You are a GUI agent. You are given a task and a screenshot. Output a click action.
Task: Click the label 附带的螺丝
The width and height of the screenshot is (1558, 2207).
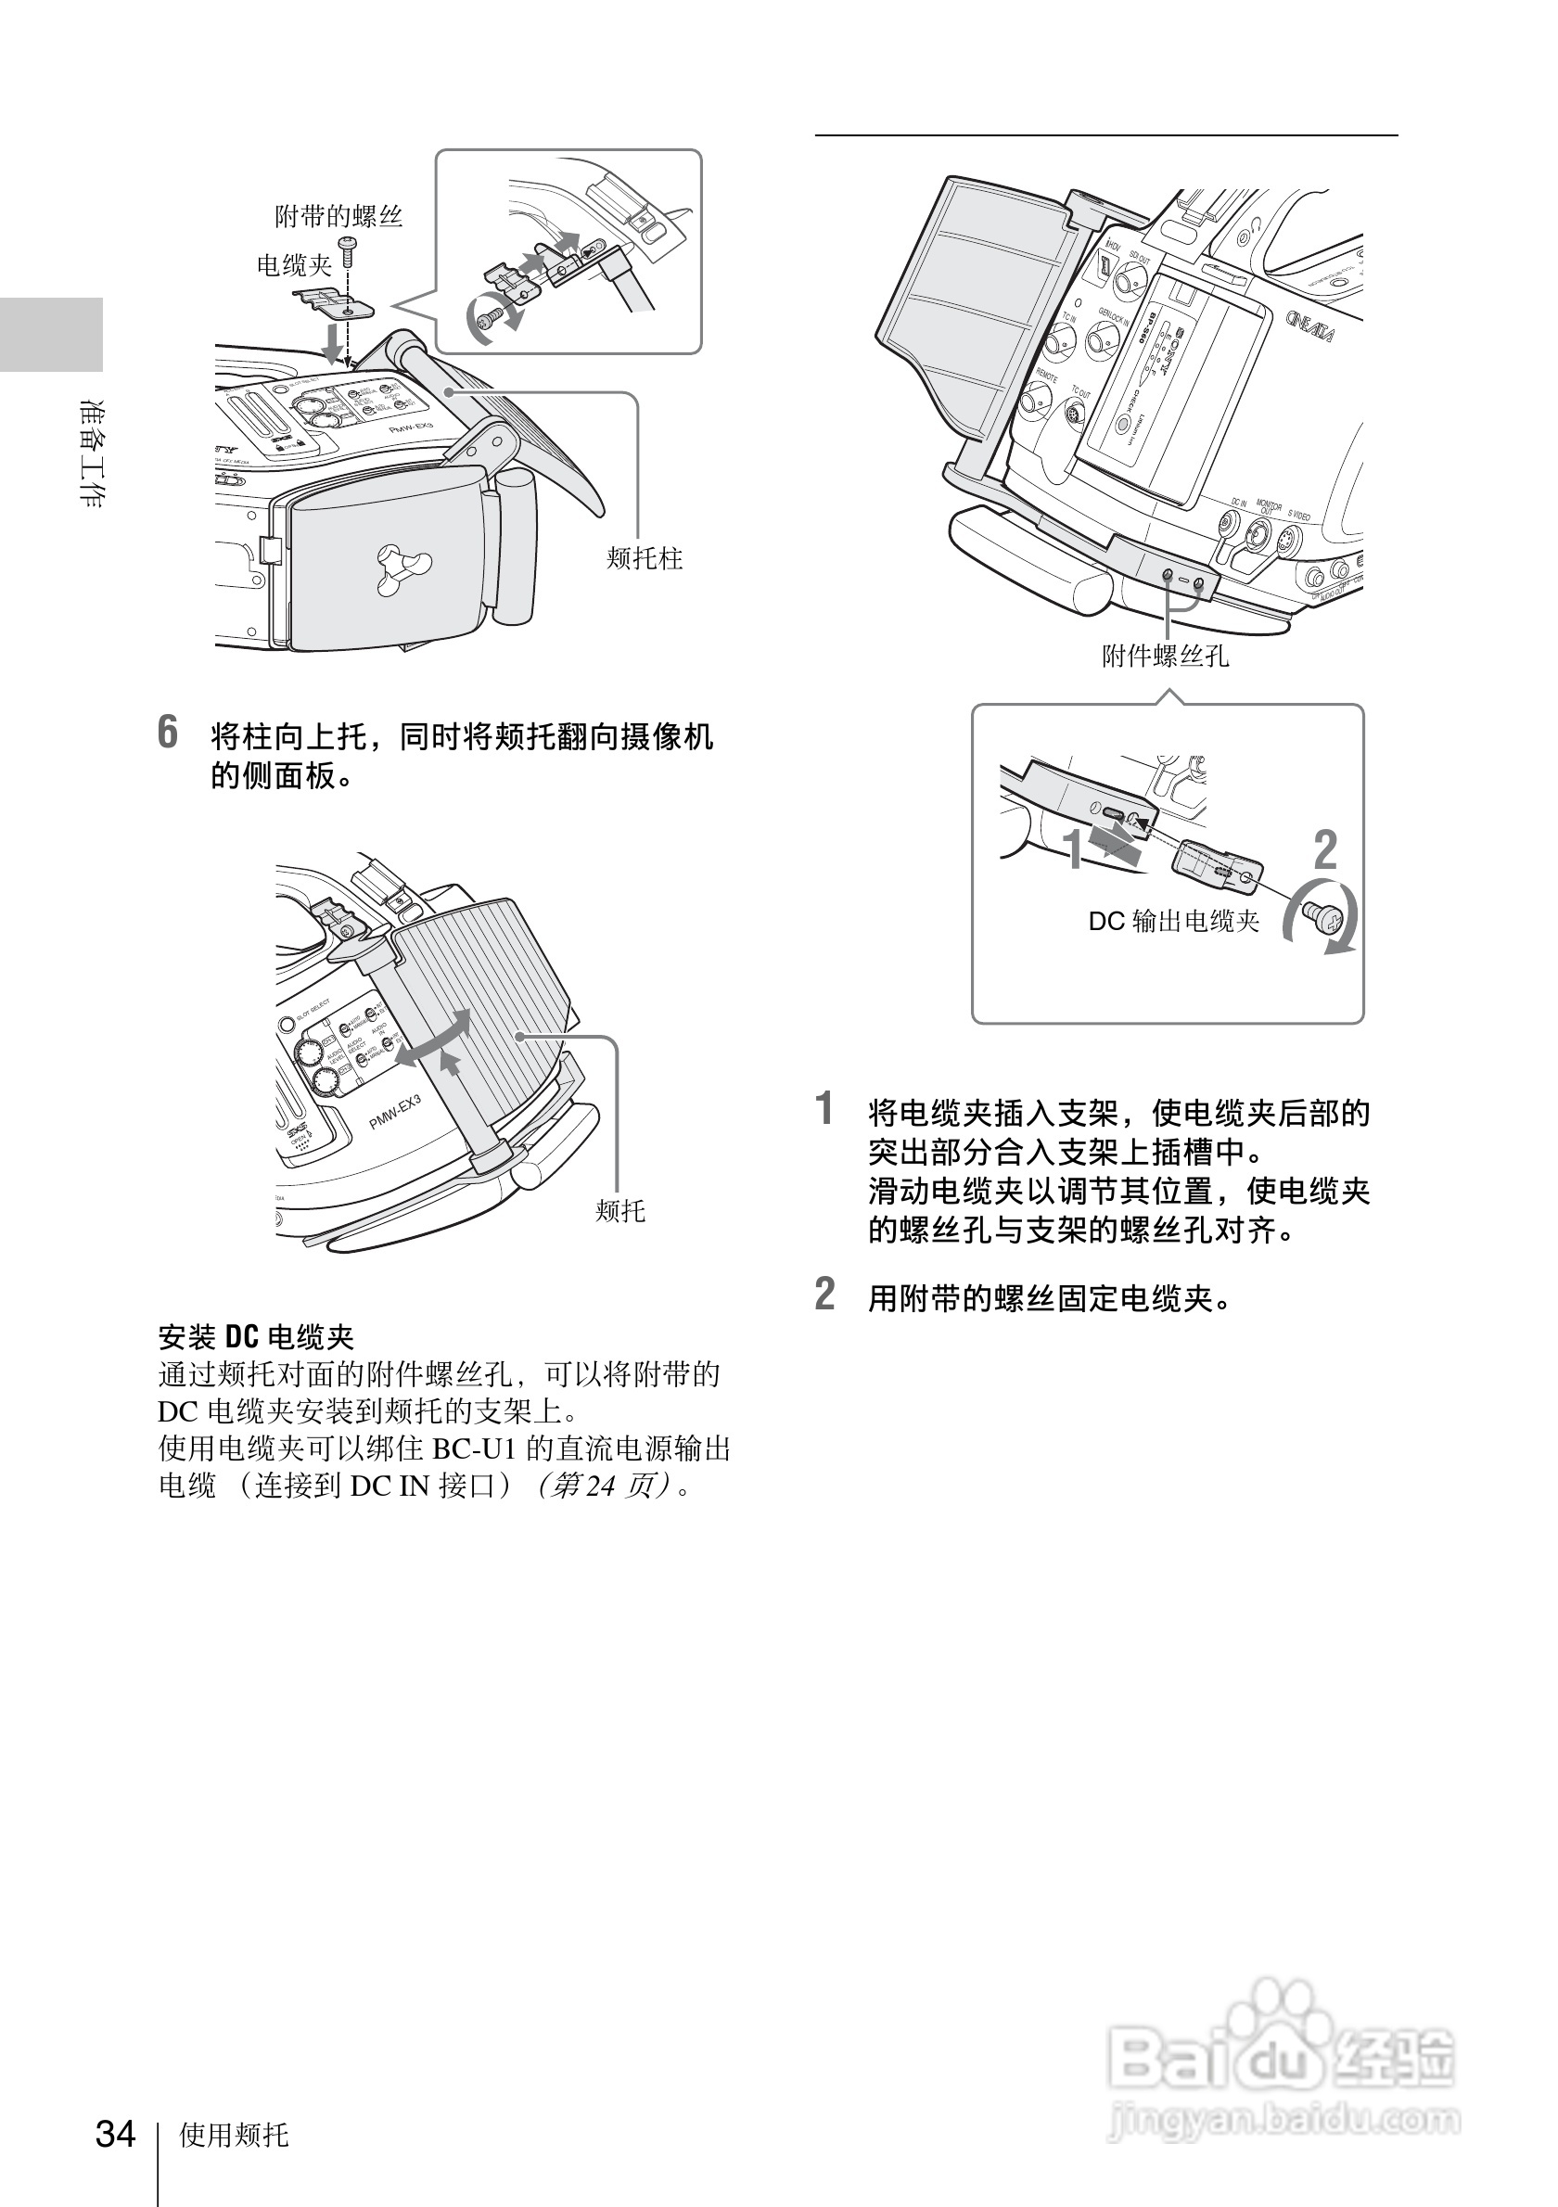point(338,216)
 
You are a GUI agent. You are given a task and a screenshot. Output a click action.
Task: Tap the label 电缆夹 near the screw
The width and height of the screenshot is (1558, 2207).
point(293,264)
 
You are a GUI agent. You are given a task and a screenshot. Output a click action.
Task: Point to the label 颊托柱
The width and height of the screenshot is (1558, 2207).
point(644,558)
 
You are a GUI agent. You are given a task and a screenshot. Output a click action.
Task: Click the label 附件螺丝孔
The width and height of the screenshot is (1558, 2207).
point(1165,657)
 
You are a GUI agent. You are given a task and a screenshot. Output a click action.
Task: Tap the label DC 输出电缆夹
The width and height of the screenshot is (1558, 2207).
point(1173,921)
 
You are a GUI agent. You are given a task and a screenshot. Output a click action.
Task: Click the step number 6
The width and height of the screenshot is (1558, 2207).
point(168,733)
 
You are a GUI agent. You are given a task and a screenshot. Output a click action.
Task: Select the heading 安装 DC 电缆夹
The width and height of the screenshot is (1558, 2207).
point(256,1336)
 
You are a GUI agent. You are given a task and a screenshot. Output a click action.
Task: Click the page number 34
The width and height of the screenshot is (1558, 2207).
point(115,2133)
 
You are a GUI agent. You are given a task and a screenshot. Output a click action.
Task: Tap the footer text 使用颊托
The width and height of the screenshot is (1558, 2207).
point(234,2135)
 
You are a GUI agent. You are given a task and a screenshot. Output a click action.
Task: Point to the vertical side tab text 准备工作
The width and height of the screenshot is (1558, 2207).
point(92,452)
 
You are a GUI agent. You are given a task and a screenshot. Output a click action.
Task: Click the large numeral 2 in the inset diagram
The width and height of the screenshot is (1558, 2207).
point(1324,849)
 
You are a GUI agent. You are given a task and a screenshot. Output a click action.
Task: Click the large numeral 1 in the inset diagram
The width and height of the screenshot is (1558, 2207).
point(1073,849)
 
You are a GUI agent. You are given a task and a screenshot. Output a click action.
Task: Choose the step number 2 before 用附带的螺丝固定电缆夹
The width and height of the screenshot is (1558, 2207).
point(824,1294)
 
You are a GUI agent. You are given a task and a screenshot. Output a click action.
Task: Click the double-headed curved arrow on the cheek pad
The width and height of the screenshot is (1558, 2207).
point(434,1039)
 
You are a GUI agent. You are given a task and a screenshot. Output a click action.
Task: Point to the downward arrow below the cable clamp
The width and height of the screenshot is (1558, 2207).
point(333,341)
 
